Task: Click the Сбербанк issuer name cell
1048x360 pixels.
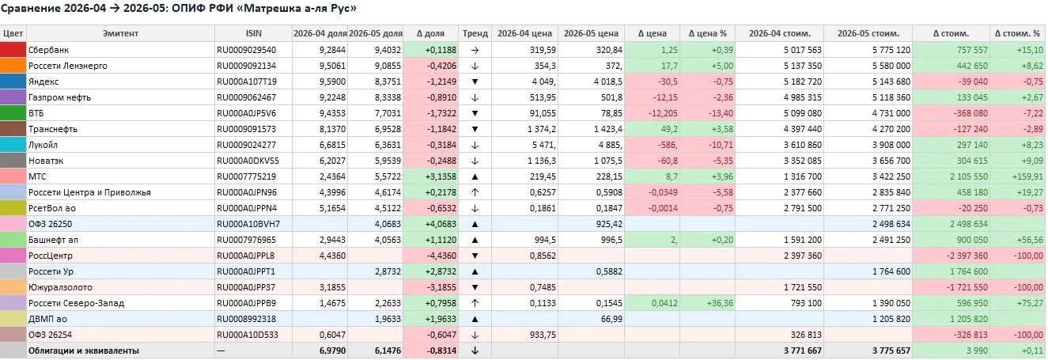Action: pos(49,50)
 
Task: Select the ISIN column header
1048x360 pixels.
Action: pos(254,34)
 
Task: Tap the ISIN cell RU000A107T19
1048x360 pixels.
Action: pos(247,81)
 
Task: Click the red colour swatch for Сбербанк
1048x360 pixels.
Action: pos(13,50)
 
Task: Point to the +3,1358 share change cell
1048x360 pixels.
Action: pos(441,176)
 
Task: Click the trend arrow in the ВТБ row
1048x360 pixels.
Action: pos(475,113)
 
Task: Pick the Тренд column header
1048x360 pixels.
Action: pos(475,34)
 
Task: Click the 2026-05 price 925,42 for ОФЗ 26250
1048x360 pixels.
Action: pos(609,224)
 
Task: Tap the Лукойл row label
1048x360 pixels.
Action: pos(43,145)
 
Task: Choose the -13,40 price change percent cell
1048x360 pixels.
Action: pos(720,113)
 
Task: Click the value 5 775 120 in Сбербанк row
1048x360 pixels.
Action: pos(891,50)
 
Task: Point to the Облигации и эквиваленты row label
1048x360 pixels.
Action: pos(84,351)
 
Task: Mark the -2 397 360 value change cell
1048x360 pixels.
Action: pos(967,256)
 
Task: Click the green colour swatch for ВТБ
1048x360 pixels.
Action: pos(13,113)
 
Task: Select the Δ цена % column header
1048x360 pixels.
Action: pos(707,34)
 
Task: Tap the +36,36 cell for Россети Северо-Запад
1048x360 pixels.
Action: pos(720,303)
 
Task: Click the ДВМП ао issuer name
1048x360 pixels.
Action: pos(47,320)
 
